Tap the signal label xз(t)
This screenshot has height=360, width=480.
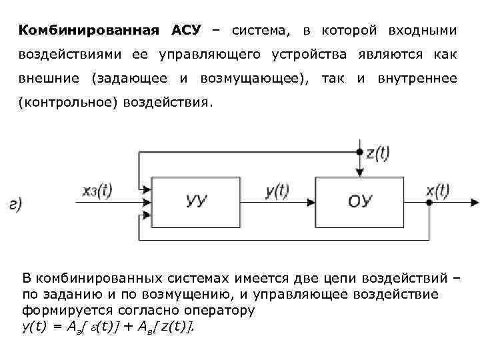coord(97,191)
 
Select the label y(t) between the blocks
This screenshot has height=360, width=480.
coord(277,191)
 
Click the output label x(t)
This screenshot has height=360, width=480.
coord(439,191)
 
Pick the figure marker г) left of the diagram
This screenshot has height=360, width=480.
coord(15,205)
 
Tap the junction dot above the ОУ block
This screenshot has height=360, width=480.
coord(360,153)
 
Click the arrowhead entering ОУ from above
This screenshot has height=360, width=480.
coord(360,173)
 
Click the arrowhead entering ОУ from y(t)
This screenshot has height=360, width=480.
coord(310,201)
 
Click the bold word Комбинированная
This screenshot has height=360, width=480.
coord(89,31)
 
